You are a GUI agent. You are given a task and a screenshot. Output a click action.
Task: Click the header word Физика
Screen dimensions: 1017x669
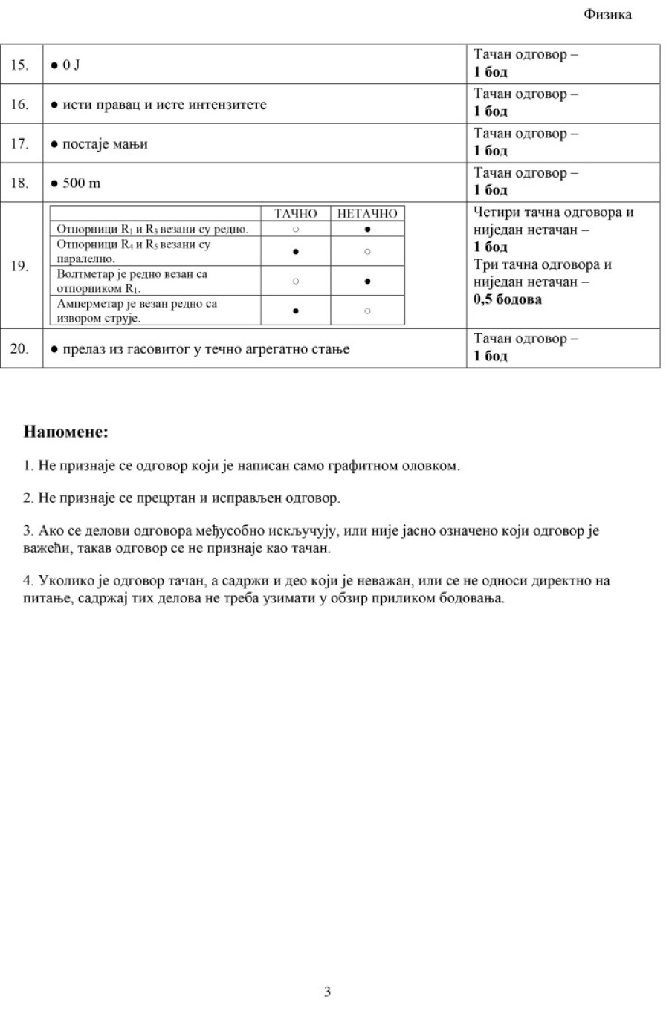click(607, 15)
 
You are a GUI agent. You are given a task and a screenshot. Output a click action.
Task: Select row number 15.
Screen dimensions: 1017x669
click(19, 65)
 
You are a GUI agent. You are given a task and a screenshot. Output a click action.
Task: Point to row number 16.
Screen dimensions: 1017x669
click(19, 105)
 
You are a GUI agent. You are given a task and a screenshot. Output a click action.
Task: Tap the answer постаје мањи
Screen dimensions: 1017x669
click(104, 144)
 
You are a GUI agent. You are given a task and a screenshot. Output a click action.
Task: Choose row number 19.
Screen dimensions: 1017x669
click(19, 266)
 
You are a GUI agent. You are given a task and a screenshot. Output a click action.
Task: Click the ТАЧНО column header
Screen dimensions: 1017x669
click(295, 214)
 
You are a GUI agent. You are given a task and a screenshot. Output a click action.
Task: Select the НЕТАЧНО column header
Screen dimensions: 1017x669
click(367, 214)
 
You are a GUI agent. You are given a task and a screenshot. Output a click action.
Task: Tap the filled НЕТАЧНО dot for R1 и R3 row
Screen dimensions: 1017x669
click(367, 229)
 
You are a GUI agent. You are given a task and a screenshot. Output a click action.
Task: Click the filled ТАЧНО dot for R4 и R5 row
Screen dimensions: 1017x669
click(295, 252)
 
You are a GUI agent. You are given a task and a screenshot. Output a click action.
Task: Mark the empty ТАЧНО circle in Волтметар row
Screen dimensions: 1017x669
click(295, 282)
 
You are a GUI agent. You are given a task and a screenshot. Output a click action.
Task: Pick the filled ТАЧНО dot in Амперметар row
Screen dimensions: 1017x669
click(295, 311)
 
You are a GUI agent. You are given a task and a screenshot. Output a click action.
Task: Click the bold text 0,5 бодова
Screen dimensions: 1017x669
click(508, 300)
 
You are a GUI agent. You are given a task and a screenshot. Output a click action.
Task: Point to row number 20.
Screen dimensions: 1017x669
click(19, 348)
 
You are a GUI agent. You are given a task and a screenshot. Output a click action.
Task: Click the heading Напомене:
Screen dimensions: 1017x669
click(65, 432)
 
